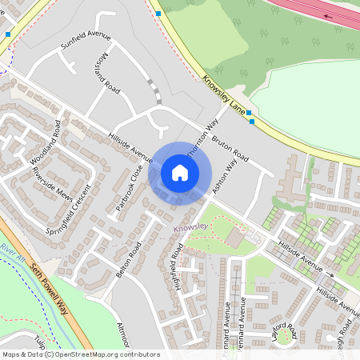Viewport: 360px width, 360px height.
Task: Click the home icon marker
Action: (180, 173)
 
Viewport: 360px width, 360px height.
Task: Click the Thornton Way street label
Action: (202, 138)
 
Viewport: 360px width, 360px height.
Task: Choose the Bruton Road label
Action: (230, 148)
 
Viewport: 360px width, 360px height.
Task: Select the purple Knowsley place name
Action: (190, 226)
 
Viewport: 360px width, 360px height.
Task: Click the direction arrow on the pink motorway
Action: (329, 15)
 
